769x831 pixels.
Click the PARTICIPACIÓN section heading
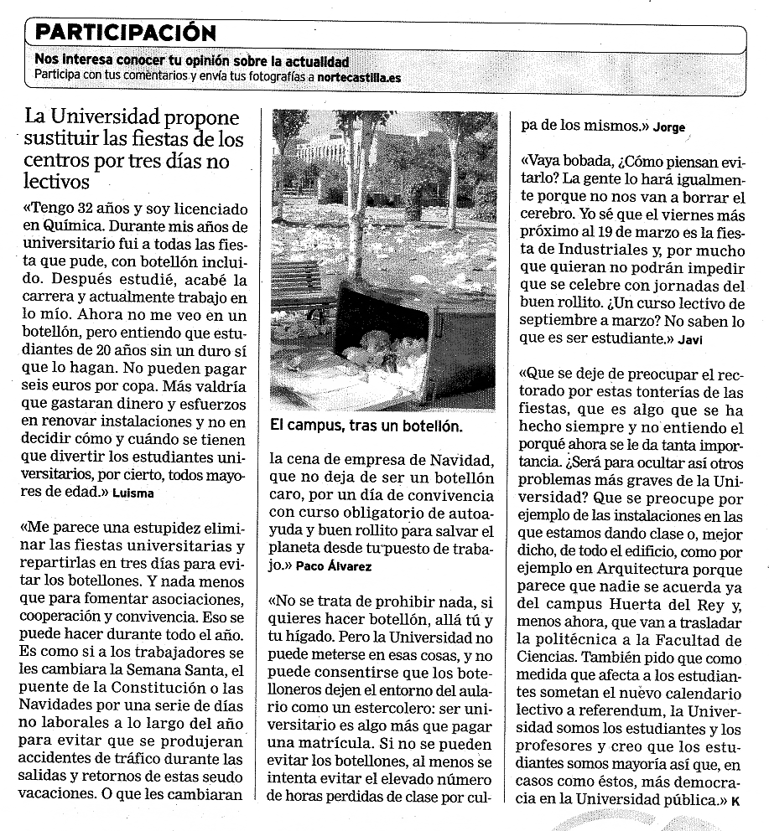click(126, 33)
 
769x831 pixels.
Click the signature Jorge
click(668, 127)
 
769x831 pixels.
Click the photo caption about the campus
click(366, 426)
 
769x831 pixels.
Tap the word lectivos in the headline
click(57, 181)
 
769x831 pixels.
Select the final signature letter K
click(735, 800)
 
